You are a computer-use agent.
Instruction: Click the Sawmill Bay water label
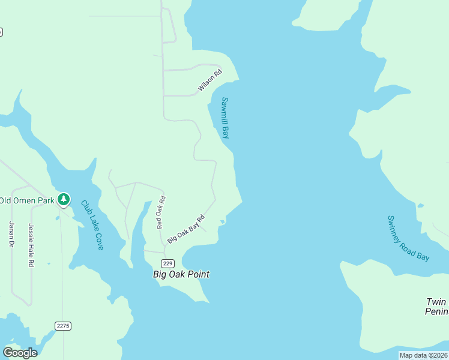(x=225, y=118)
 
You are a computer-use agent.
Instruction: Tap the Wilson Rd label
(x=210, y=81)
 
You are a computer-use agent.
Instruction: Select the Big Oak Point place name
(x=181, y=274)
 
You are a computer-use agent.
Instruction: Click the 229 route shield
(x=168, y=264)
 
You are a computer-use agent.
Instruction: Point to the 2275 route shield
(x=62, y=326)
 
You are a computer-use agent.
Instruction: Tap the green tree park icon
(x=64, y=199)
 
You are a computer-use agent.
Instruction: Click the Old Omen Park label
(x=27, y=200)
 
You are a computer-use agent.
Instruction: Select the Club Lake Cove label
(x=92, y=225)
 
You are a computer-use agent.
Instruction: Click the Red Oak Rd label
(x=160, y=212)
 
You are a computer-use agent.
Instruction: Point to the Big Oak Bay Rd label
(x=186, y=229)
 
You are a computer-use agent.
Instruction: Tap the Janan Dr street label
(x=11, y=234)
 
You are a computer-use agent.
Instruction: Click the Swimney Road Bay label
(x=408, y=238)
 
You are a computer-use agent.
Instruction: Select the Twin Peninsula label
(x=436, y=307)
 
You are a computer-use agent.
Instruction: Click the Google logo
(x=20, y=353)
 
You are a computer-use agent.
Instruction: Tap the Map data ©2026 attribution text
(x=423, y=355)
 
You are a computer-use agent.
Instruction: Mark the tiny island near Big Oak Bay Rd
(x=223, y=222)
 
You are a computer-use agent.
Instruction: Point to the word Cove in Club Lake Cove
(x=98, y=241)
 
